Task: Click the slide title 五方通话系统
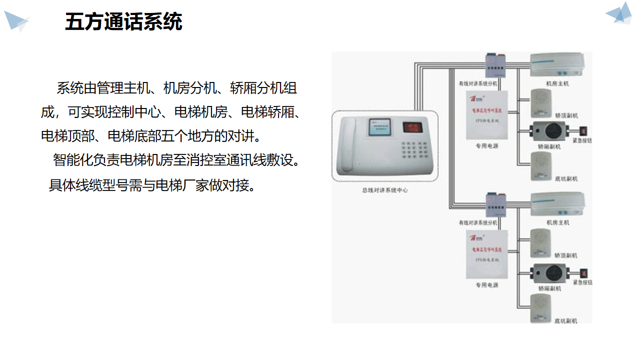123,22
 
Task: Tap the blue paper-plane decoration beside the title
16,21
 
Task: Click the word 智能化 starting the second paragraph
69,160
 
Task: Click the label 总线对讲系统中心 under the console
384,190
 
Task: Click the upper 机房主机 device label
557,84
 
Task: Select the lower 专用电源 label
486,285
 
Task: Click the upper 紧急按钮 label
582,141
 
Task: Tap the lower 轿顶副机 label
565,255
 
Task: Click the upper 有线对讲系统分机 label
478,84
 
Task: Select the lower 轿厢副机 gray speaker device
548,273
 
